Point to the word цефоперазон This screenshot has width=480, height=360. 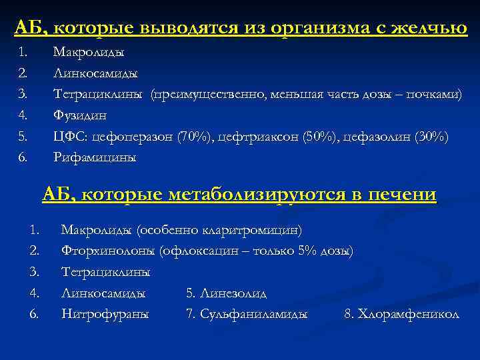pyautogui.click(x=133, y=137)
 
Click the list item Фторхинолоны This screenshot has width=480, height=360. pyautogui.click(x=107, y=251)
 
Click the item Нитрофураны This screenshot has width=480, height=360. pyautogui.click(x=105, y=313)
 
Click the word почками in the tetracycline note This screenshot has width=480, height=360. pyautogui.click(x=437, y=94)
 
